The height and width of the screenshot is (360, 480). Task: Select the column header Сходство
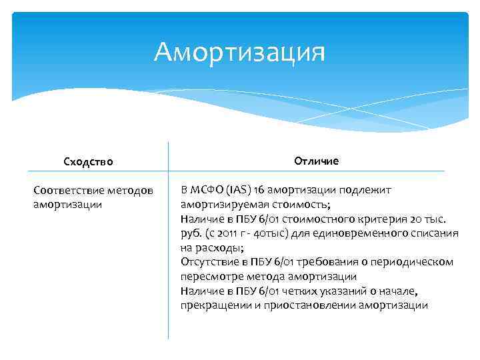(88, 161)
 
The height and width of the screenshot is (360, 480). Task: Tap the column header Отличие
(316, 161)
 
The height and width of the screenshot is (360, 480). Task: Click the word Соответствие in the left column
(65, 191)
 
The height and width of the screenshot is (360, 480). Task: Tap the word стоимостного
(313, 219)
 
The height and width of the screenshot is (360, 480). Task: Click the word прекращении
(212, 305)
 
